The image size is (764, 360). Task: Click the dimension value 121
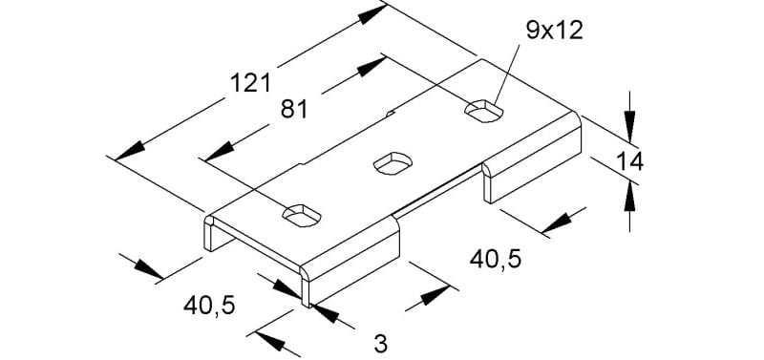(251, 83)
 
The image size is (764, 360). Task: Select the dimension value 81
(294, 110)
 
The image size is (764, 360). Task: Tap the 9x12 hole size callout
(555, 32)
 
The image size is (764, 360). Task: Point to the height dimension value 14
(630, 161)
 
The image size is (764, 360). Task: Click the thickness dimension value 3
(380, 345)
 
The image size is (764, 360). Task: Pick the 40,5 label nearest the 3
(209, 306)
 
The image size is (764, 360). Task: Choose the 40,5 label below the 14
(496, 260)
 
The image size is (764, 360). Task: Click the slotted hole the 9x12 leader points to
(483, 111)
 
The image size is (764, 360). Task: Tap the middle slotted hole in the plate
(393, 163)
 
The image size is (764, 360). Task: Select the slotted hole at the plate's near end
(303, 215)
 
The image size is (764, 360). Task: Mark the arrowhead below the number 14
(629, 198)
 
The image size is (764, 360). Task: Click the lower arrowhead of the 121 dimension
(130, 150)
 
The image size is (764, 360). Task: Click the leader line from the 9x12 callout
(507, 74)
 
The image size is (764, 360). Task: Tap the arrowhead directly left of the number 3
(270, 341)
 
